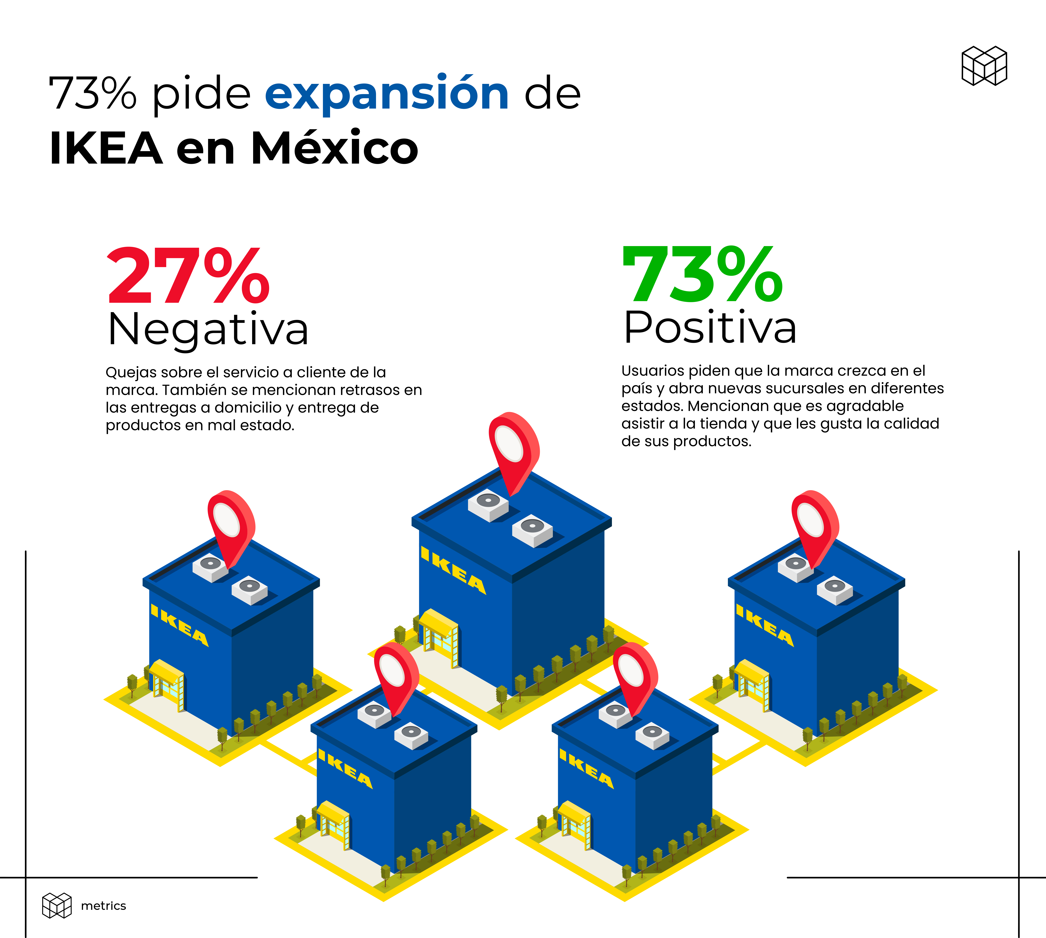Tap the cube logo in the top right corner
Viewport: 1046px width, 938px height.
(984, 66)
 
